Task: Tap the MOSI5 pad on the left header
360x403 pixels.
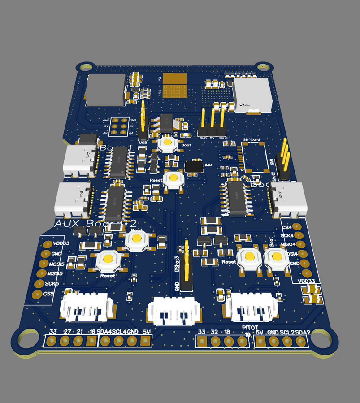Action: point(44,265)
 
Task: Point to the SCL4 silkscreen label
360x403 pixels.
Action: point(118,332)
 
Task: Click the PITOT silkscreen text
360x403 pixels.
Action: point(250,327)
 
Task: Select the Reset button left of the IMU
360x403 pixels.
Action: point(173,179)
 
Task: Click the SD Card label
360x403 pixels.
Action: point(251,140)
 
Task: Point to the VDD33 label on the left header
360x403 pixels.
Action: point(61,243)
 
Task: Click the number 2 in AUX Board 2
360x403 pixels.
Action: point(133,224)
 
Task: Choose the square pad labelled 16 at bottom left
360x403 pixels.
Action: point(92,341)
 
